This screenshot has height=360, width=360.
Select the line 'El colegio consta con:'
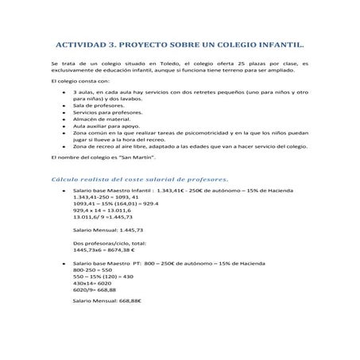[x=79, y=82]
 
